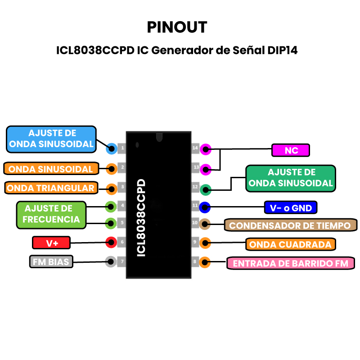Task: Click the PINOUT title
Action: (x=177, y=27)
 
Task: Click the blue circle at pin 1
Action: (x=111, y=148)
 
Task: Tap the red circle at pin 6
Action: (x=111, y=242)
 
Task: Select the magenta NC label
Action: (x=291, y=150)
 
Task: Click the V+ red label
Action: (x=52, y=243)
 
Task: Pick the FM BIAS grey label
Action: (x=51, y=262)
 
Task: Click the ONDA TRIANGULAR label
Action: (x=51, y=188)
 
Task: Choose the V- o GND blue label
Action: (x=290, y=208)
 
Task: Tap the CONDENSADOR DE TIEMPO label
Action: (x=290, y=225)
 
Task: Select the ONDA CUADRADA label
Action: (x=291, y=244)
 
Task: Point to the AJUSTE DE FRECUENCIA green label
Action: (x=51, y=214)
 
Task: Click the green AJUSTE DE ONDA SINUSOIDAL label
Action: (x=291, y=178)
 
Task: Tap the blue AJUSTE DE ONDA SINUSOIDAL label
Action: (x=52, y=139)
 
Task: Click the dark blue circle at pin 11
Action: (x=205, y=207)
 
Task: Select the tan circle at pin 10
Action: (x=205, y=223)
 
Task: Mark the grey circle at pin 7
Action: (x=111, y=261)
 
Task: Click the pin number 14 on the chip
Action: (x=195, y=148)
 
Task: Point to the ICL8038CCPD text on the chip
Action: (x=141, y=218)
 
